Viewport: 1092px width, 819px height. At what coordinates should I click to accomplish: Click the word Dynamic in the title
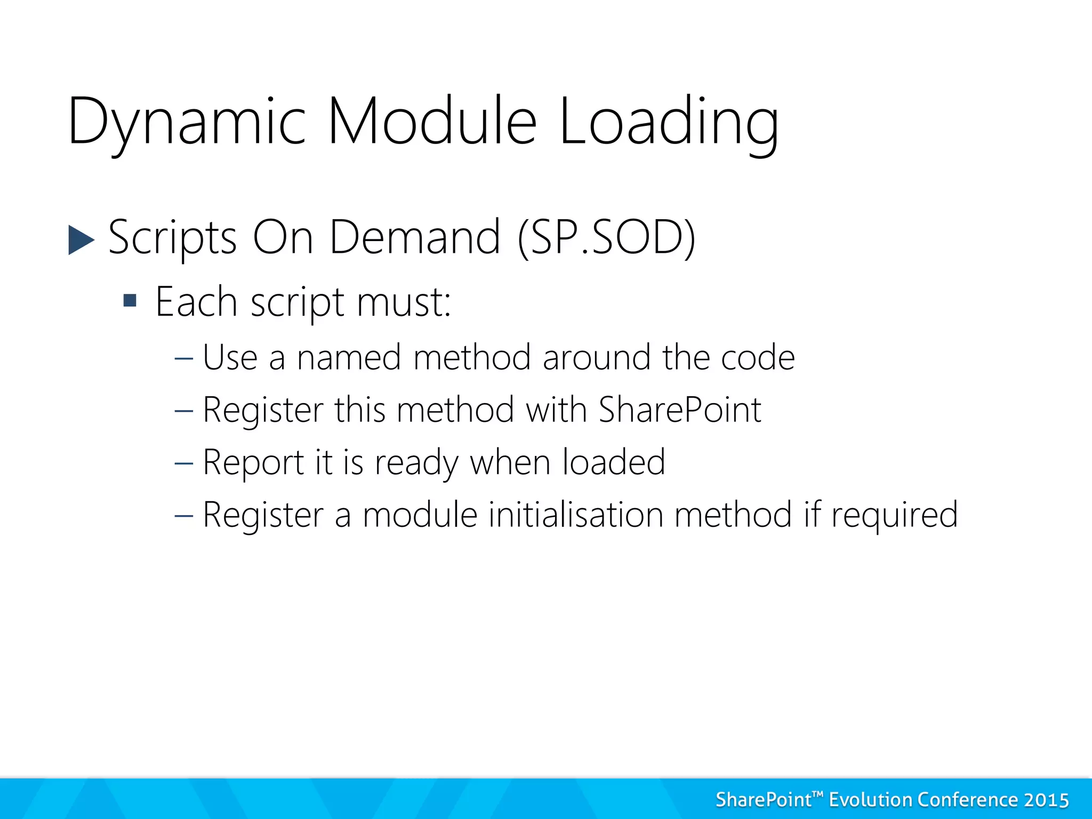pos(187,122)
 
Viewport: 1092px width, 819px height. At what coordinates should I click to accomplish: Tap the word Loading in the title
pos(669,122)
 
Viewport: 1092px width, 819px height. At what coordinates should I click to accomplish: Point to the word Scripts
pos(172,237)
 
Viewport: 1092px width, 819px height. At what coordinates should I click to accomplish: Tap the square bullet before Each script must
pos(130,301)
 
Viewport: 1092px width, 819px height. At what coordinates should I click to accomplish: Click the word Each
pos(196,302)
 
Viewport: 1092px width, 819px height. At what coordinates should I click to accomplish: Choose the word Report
pos(253,462)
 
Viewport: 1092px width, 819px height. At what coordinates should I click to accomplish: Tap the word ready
pos(416,462)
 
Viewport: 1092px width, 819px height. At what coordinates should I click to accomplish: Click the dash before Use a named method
pos(183,357)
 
